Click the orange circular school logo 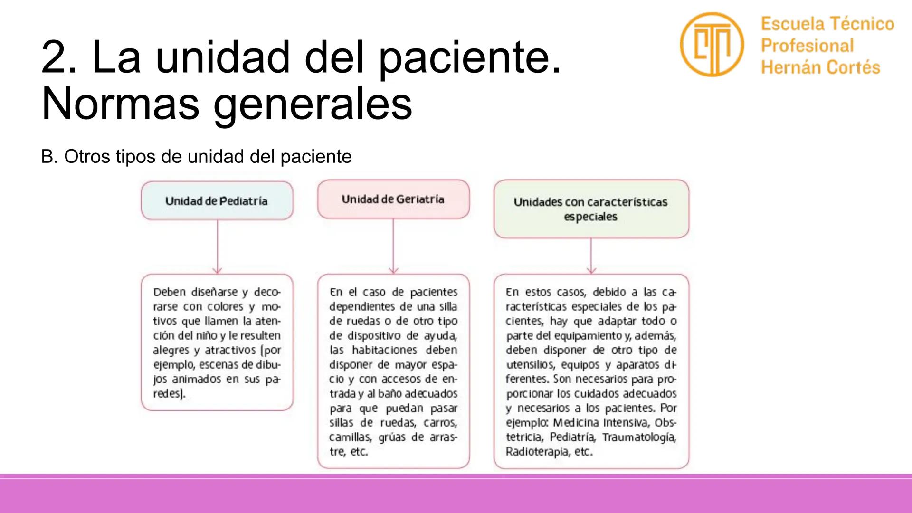click(711, 44)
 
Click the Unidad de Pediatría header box click(217, 200)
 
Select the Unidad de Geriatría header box click(393, 199)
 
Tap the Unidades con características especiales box click(591, 209)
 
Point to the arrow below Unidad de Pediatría click(217, 247)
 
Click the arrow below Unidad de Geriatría click(393, 246)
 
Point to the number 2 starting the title click(53, 57)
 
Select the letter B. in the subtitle click(49, 157)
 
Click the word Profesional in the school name click(807, 46)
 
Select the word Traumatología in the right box click(639, 437)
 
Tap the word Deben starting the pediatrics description click(170, 292)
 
